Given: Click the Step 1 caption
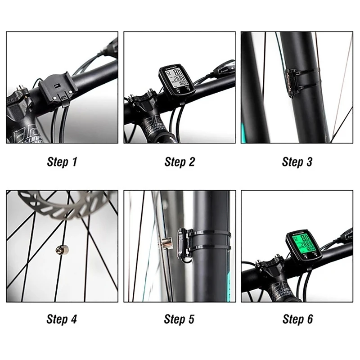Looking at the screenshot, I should tap(62, 162).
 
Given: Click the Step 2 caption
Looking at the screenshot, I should tap(180, 162).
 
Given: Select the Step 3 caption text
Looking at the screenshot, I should tap(297, 162).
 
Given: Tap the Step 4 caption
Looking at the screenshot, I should tap(62, 319).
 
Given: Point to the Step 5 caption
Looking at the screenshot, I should tap(180, 319).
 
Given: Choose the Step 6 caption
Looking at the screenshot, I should tap(297, 319).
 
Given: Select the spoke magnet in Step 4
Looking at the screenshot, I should tap(59, 248).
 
